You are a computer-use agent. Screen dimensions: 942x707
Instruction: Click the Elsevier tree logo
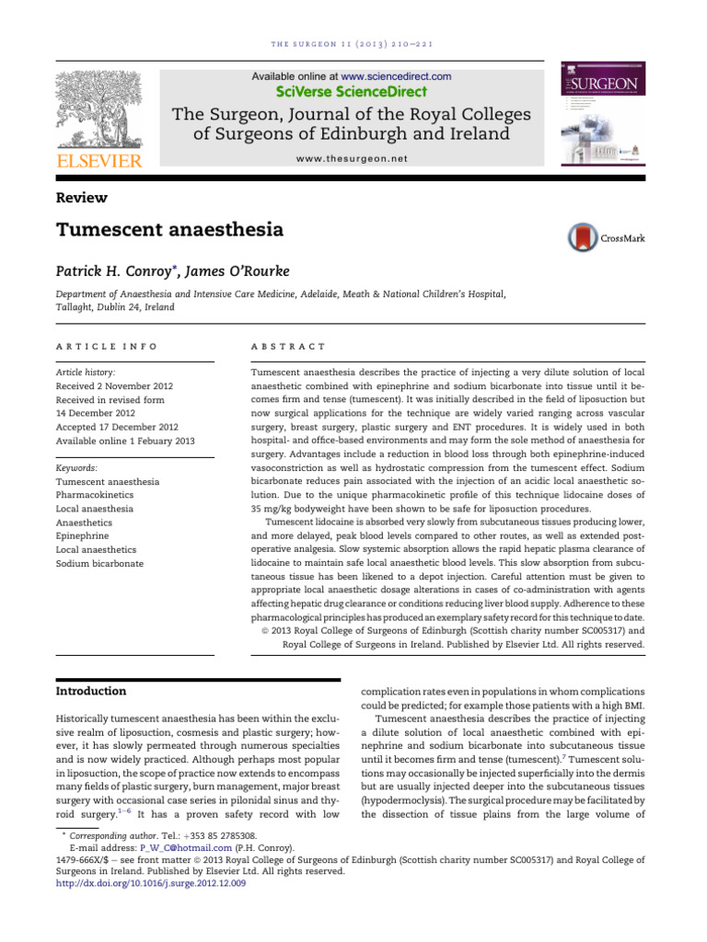click(99, 109)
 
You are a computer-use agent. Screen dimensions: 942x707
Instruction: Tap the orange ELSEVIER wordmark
click(99, 162)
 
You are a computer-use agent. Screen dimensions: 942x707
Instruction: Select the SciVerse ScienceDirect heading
click(351, 91)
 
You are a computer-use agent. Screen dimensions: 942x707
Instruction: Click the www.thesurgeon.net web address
click(351, 158)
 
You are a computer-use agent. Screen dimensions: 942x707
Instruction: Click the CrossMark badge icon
click(583, 237)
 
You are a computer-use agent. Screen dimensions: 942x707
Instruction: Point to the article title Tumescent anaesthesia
click(169, 230)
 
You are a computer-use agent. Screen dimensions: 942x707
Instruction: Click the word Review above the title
click(82, 198)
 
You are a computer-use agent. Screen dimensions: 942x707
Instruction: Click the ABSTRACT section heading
click(288, 346)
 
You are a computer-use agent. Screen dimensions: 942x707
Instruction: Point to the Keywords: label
click(82, 466)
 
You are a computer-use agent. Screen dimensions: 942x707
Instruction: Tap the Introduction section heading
click(91, 691)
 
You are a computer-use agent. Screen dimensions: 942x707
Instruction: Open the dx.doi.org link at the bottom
click(151, 884)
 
